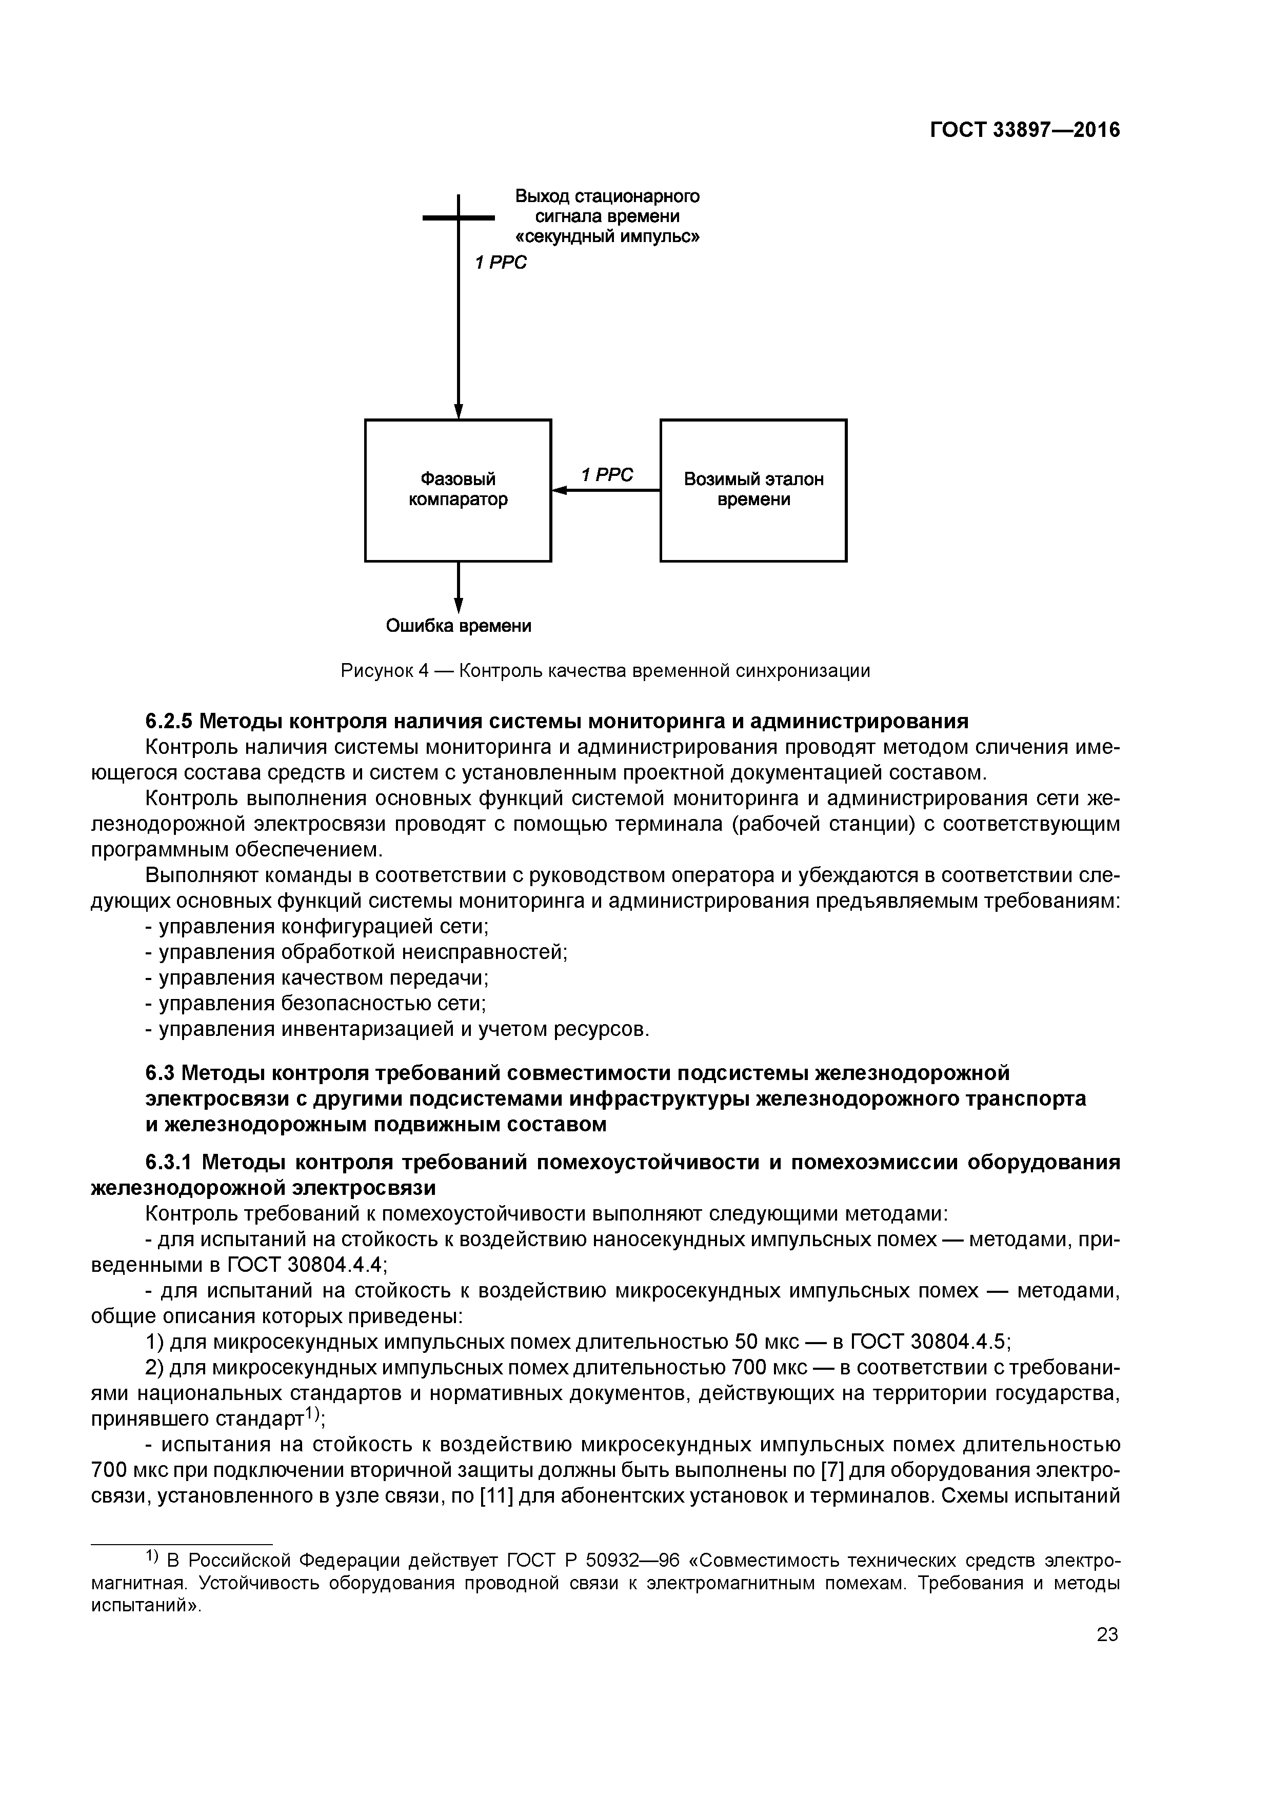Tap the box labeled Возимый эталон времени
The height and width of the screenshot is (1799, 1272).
[753, 490]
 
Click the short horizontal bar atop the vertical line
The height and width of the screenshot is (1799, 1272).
[459, 218]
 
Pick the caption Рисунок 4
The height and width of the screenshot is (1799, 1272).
[385, 671]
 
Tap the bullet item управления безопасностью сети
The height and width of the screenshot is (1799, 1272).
[322, 1004]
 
